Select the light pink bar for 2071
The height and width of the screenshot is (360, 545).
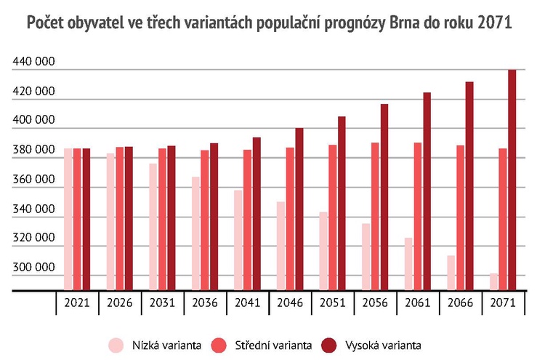click(x=494, y=282)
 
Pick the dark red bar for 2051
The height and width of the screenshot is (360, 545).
click(x=342, y=204)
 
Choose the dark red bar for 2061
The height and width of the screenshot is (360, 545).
click(x=427, y=192)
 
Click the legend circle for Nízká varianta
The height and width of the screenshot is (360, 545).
click(x=114, y=343)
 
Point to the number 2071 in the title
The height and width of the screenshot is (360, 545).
click(x=495, y=24)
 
